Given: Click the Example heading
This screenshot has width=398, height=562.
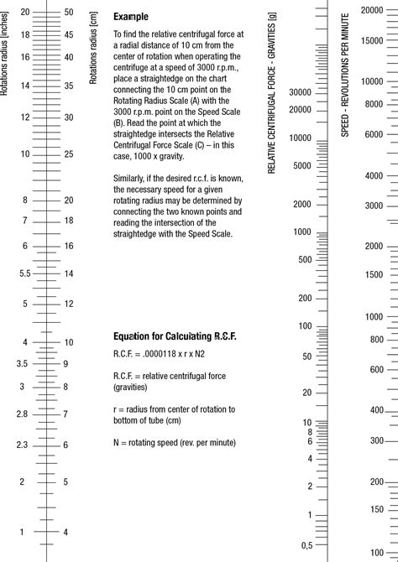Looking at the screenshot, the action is (x=131, y=17).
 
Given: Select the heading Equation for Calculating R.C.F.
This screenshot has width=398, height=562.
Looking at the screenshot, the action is (x=175, y=336).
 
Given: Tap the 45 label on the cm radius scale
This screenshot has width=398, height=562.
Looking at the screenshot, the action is (x=69, y=34).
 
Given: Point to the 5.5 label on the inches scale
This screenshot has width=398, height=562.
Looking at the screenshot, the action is (x=25, y=273).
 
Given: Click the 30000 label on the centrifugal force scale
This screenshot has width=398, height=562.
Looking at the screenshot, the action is (x=300, y=93).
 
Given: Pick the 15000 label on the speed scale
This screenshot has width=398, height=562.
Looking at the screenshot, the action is (x=372, y=40).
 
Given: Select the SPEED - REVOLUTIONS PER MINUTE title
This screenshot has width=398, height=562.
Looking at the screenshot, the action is (x=345, y=75).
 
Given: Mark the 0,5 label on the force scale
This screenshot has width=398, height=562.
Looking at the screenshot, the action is (x=306, y=545).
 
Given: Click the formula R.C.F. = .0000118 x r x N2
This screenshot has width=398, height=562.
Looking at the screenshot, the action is (x=159, y=354).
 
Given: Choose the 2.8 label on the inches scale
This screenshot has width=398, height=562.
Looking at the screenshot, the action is (x=22, y=414).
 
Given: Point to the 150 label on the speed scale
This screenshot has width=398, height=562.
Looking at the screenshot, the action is (x=377, y=509).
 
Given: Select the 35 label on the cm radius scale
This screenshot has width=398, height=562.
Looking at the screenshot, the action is (x=69, y=86).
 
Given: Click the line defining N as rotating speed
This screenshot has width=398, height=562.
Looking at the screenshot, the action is (x=175, y=443).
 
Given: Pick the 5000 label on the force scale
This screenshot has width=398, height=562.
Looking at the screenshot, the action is (x=302, y=166).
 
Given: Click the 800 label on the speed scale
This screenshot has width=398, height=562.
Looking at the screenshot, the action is (x=377, y=340).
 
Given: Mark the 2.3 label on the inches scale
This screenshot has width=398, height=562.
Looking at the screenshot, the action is (x=22, y=445).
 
